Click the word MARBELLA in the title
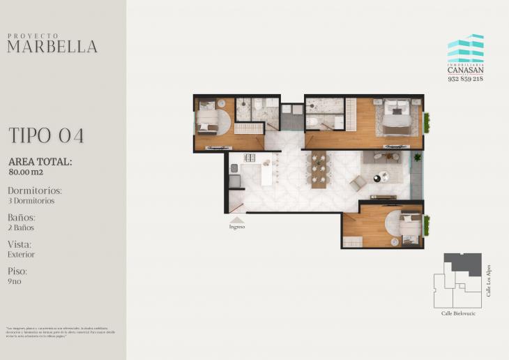pos(52,47)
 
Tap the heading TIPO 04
pos(46,135)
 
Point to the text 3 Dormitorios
pos(31,201)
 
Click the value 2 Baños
pos(21,227)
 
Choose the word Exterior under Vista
pos(22,255)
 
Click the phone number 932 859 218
pos(465,79)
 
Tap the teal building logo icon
pos(466,49)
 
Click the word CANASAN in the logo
pos(465,70)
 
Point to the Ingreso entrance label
pos(237,227)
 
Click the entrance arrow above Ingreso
pos(237,219)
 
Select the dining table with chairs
pos(319,170)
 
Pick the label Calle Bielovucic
pos(457,313)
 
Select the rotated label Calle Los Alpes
pos(489,280)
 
